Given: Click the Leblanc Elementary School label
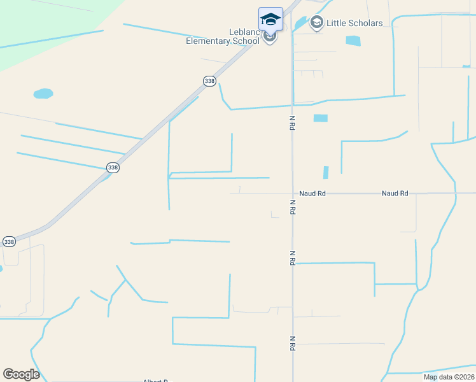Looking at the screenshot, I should (223, 36).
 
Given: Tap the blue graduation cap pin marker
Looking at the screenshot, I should (270, 19).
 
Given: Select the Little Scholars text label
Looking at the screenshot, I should (354, 24).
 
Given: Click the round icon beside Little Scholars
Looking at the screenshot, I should (316, 24).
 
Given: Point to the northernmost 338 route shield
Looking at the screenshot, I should (209, 81).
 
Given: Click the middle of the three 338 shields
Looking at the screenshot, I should (113, 167).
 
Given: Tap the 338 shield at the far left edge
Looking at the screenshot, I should (9, 242).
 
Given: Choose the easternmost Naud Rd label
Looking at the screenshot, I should (395, 193).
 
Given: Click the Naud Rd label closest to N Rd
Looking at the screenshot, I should (312, 193).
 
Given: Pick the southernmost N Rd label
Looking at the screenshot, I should (292, 343).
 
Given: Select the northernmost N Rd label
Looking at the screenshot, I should (292, 122).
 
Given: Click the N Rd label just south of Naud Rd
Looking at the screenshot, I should (292, 207).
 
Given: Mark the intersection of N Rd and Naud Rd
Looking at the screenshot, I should (292, 193).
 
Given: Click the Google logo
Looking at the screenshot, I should (21, 374).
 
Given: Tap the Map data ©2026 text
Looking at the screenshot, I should (449, 377).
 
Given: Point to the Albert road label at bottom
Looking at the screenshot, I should (155, 380).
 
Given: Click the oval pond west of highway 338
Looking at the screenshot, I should (43, 94).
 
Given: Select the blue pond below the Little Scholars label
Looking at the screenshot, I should (353, 41).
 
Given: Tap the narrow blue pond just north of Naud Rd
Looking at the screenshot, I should (326, 173).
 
